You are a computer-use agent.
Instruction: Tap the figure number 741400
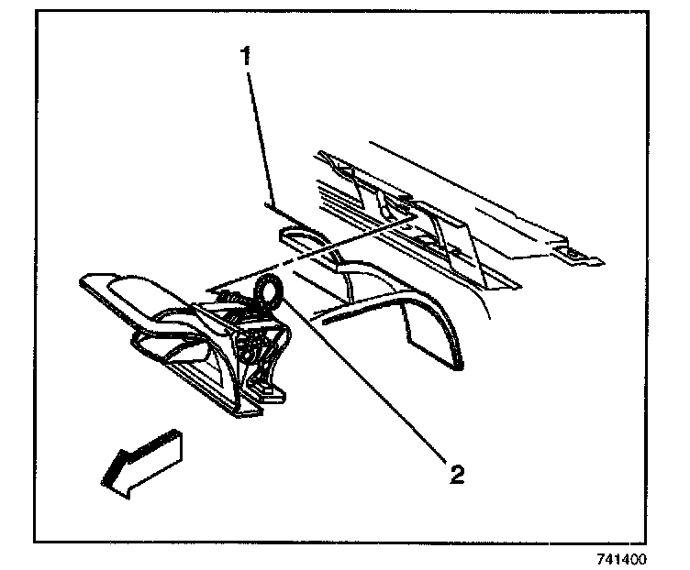(x=621, y=558)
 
